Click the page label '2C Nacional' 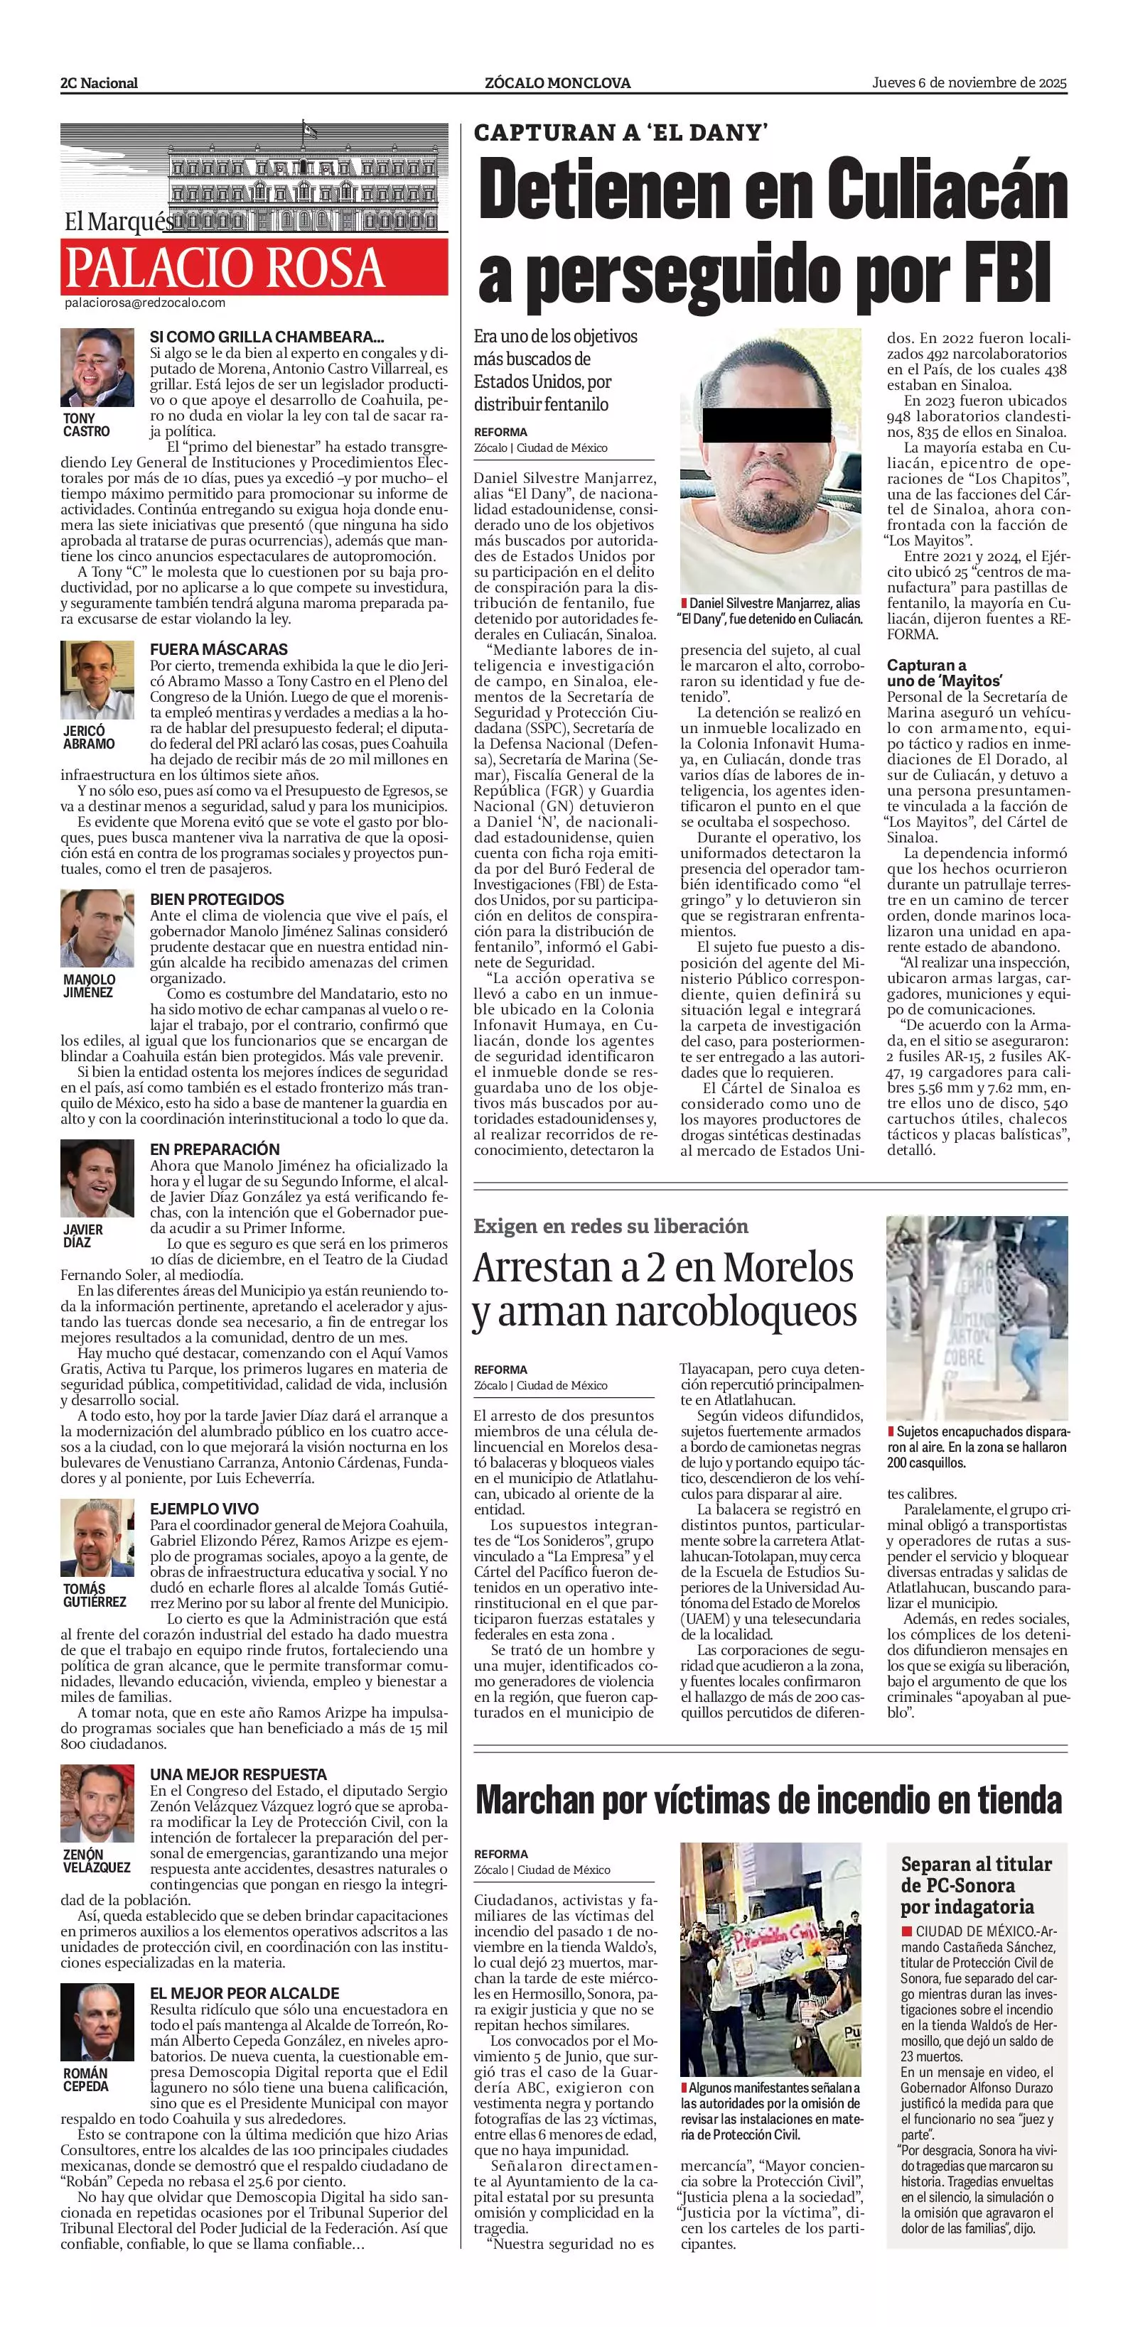click(x=99, y=83)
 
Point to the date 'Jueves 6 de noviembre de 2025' click(x=969, y=82)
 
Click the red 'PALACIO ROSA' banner click(x=254, y=267)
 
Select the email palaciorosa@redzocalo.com click(x=144, y=303)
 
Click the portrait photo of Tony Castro click(x=97, y=368)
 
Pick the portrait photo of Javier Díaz click(x=97, y=1179)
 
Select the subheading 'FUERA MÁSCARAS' click(x=219, y=649)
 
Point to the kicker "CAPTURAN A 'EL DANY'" click(x=621, y=134)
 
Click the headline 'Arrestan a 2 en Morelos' click(x=663, y=1269)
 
